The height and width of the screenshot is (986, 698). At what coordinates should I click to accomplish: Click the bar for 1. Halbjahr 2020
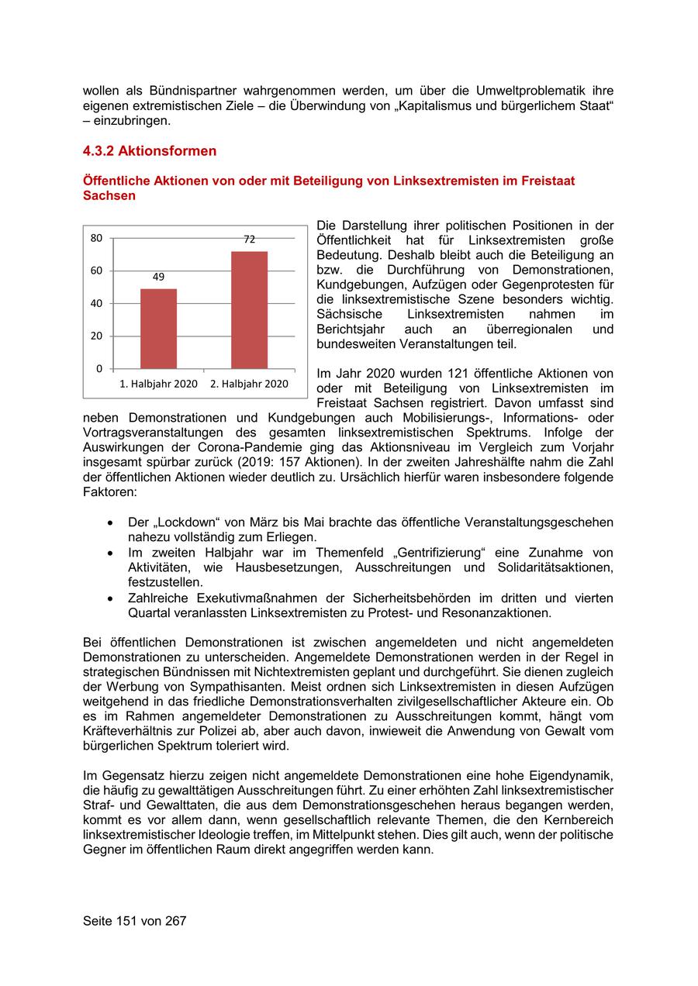click(158, 328)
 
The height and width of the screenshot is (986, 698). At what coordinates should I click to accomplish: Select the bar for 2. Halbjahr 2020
click(249, 309)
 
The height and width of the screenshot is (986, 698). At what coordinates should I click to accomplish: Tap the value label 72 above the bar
click(249, 240)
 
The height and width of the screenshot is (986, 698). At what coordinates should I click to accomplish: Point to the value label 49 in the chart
click(158, 277)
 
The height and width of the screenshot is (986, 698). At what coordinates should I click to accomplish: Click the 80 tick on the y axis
click(96, 238)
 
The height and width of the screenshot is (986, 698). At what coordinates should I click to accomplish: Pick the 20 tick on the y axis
click(96, 336)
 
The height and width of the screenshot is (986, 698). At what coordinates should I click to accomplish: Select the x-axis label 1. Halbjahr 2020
click(158, 384)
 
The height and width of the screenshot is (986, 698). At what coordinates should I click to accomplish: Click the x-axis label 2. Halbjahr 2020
click(249, 384)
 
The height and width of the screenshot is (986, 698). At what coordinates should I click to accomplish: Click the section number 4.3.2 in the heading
click(98, 151)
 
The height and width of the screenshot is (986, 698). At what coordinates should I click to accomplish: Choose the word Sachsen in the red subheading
click(109, 196)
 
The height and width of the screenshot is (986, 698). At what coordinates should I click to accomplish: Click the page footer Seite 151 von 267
click(134, 921)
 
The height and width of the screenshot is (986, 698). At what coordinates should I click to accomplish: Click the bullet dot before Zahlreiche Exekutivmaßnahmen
click(114, 598)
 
